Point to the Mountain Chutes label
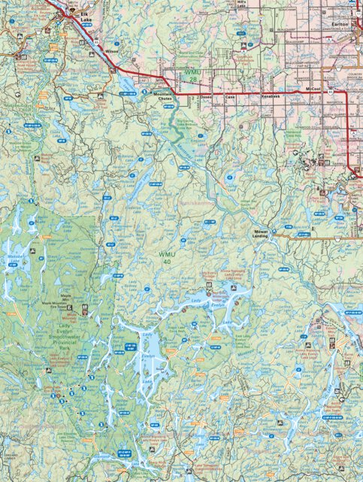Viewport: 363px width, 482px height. [x=163, y=97]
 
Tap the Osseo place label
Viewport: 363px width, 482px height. [x=207, y=98]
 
